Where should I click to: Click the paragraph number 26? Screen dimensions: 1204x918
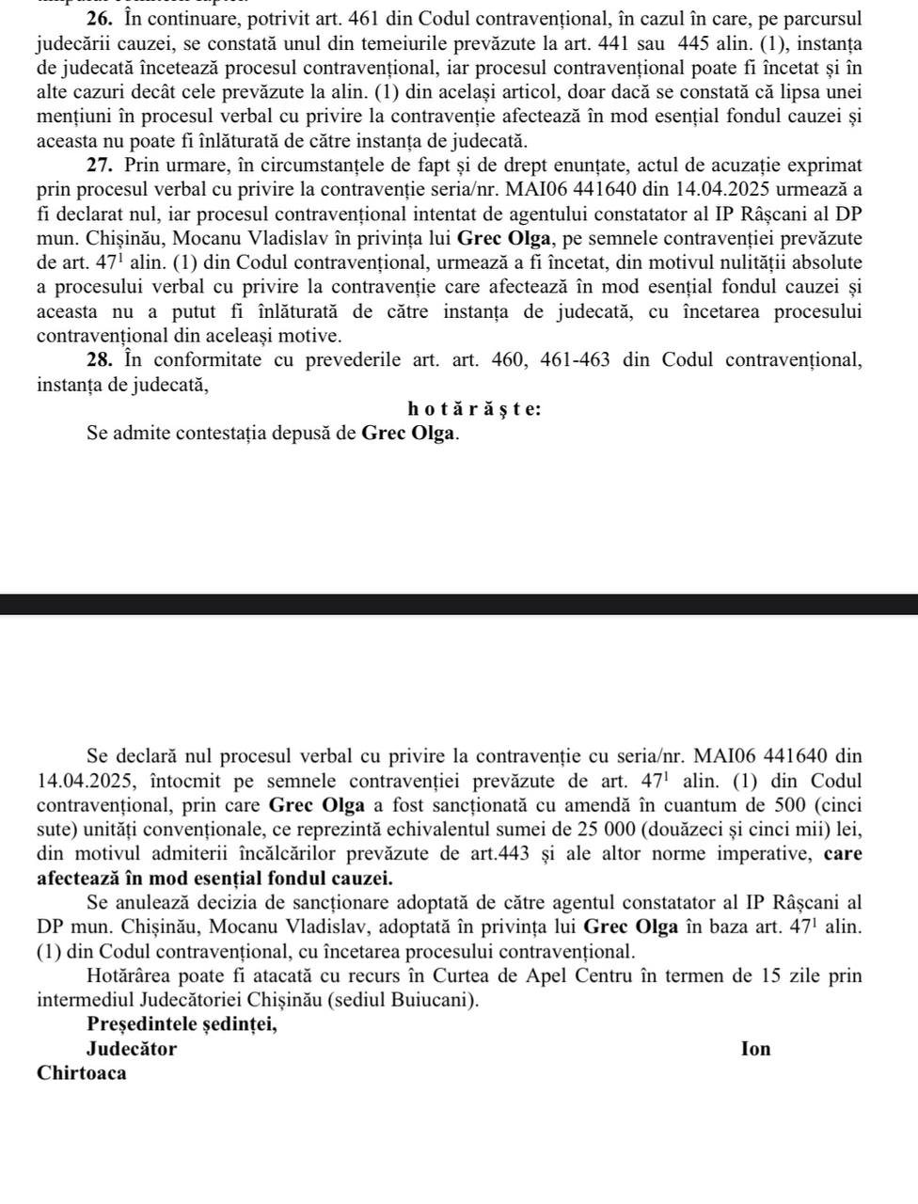click(100, 20)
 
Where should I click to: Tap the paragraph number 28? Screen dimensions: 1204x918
click(100, 360)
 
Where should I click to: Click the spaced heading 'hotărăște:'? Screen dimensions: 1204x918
click(474, 409)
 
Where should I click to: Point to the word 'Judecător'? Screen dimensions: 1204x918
click(132, 1048)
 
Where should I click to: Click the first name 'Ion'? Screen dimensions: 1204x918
click(755, 1048)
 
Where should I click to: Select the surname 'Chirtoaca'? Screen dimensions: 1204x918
click(82, 1072)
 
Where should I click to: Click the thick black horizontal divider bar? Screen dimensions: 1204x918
click(459, 604)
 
